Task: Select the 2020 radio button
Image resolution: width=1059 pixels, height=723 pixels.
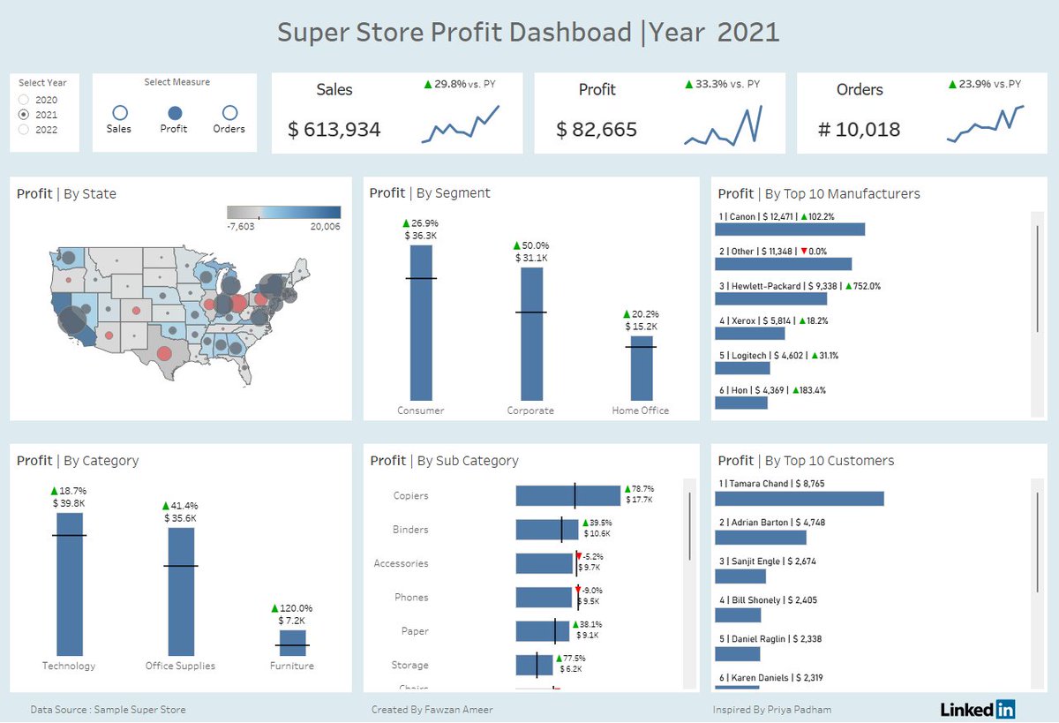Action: click(24, 100)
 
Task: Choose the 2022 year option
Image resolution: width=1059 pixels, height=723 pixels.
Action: click(24, 130)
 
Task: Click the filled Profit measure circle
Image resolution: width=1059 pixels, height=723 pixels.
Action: click(174, 113)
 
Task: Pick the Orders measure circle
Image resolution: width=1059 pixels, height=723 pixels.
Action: click(229, 113)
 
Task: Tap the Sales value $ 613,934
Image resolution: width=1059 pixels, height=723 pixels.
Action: click(334, 130)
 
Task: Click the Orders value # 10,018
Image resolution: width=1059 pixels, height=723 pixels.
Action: click(859, 130)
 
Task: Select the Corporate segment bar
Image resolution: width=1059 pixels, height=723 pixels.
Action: click(531, 334)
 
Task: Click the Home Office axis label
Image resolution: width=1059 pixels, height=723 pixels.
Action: click(641, 410)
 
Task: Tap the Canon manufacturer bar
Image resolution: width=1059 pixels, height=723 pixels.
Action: click(789, 230)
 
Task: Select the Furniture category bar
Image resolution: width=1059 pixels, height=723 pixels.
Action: click(292, 643)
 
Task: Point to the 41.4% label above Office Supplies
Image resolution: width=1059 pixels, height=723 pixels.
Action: click(181, 505)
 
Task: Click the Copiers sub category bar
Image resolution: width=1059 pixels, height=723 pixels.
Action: click(567, 496)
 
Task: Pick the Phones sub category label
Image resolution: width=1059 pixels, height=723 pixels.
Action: click(411, 598)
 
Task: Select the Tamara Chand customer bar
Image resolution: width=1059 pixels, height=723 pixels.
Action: click(799, 499)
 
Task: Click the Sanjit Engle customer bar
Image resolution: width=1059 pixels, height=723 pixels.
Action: click(740, 576)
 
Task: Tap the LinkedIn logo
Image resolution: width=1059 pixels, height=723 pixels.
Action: click(977, 709)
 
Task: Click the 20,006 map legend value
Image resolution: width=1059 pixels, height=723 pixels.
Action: click(325, 227)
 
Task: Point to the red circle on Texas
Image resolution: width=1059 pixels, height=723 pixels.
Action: click(164, 354)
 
